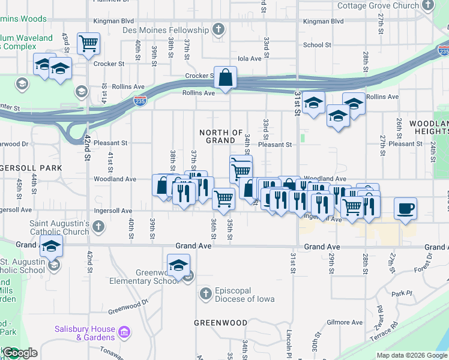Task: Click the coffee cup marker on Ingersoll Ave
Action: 405,209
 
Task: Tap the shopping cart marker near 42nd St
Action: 89,43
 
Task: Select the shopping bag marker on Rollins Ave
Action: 226,77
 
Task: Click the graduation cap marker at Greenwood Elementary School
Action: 178,265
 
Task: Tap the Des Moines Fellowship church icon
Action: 219,29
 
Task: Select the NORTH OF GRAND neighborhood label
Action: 220,136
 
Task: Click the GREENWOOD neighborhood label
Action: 220,323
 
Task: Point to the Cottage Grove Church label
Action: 378,6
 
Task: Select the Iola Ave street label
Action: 250,59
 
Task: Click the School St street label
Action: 317,45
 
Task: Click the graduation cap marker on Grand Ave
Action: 52,245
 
